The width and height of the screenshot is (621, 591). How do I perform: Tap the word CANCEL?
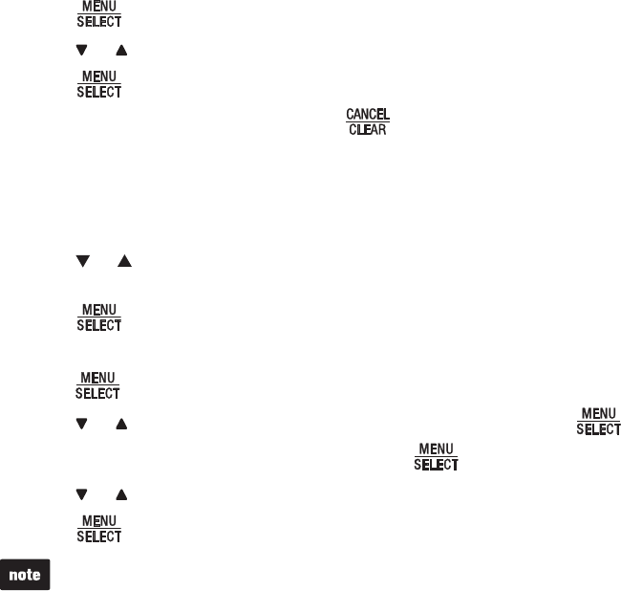[367, 114]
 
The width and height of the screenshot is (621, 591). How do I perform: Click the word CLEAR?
[367, 128]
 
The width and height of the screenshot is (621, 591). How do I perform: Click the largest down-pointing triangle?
[81, 260]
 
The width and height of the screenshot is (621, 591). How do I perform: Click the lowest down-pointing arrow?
[80, 495]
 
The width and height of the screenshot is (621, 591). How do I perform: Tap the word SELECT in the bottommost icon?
[98, 537]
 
